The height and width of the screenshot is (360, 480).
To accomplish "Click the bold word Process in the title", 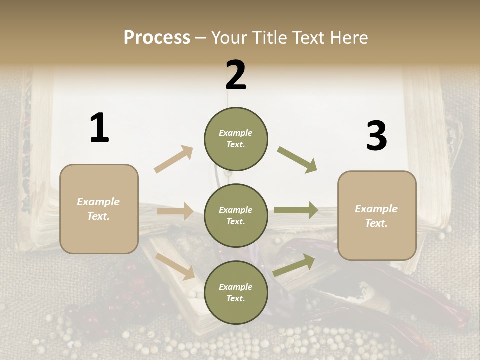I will pos(157,37).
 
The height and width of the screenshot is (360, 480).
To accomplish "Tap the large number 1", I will pos(99,128).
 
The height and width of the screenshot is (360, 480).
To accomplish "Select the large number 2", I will pos(236,75).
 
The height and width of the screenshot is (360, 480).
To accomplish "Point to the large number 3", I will pos(376,136).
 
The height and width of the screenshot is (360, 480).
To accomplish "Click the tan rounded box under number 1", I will pos(99,209).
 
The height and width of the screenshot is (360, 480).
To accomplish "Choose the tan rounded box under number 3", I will pos(377,215).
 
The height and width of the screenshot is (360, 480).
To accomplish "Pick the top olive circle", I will pos(236,139).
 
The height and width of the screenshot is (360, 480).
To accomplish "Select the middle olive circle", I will pos(236,216).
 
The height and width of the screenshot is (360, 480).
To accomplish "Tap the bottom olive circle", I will pos(236,293).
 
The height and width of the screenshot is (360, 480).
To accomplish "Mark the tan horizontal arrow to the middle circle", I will pos(175,211).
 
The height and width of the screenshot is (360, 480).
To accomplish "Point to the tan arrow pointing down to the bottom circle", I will pos(175,265).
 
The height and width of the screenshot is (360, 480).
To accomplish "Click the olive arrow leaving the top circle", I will pos(297,160).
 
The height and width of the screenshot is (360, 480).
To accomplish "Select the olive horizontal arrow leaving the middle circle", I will pos(296,210).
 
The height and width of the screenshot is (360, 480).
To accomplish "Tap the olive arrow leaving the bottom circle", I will pos(294,265).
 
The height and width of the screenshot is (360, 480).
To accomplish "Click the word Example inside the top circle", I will pos(235,133).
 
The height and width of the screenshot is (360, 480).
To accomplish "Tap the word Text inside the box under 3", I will pos(376,223).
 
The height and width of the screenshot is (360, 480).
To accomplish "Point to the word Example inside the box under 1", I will pos(98,202).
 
